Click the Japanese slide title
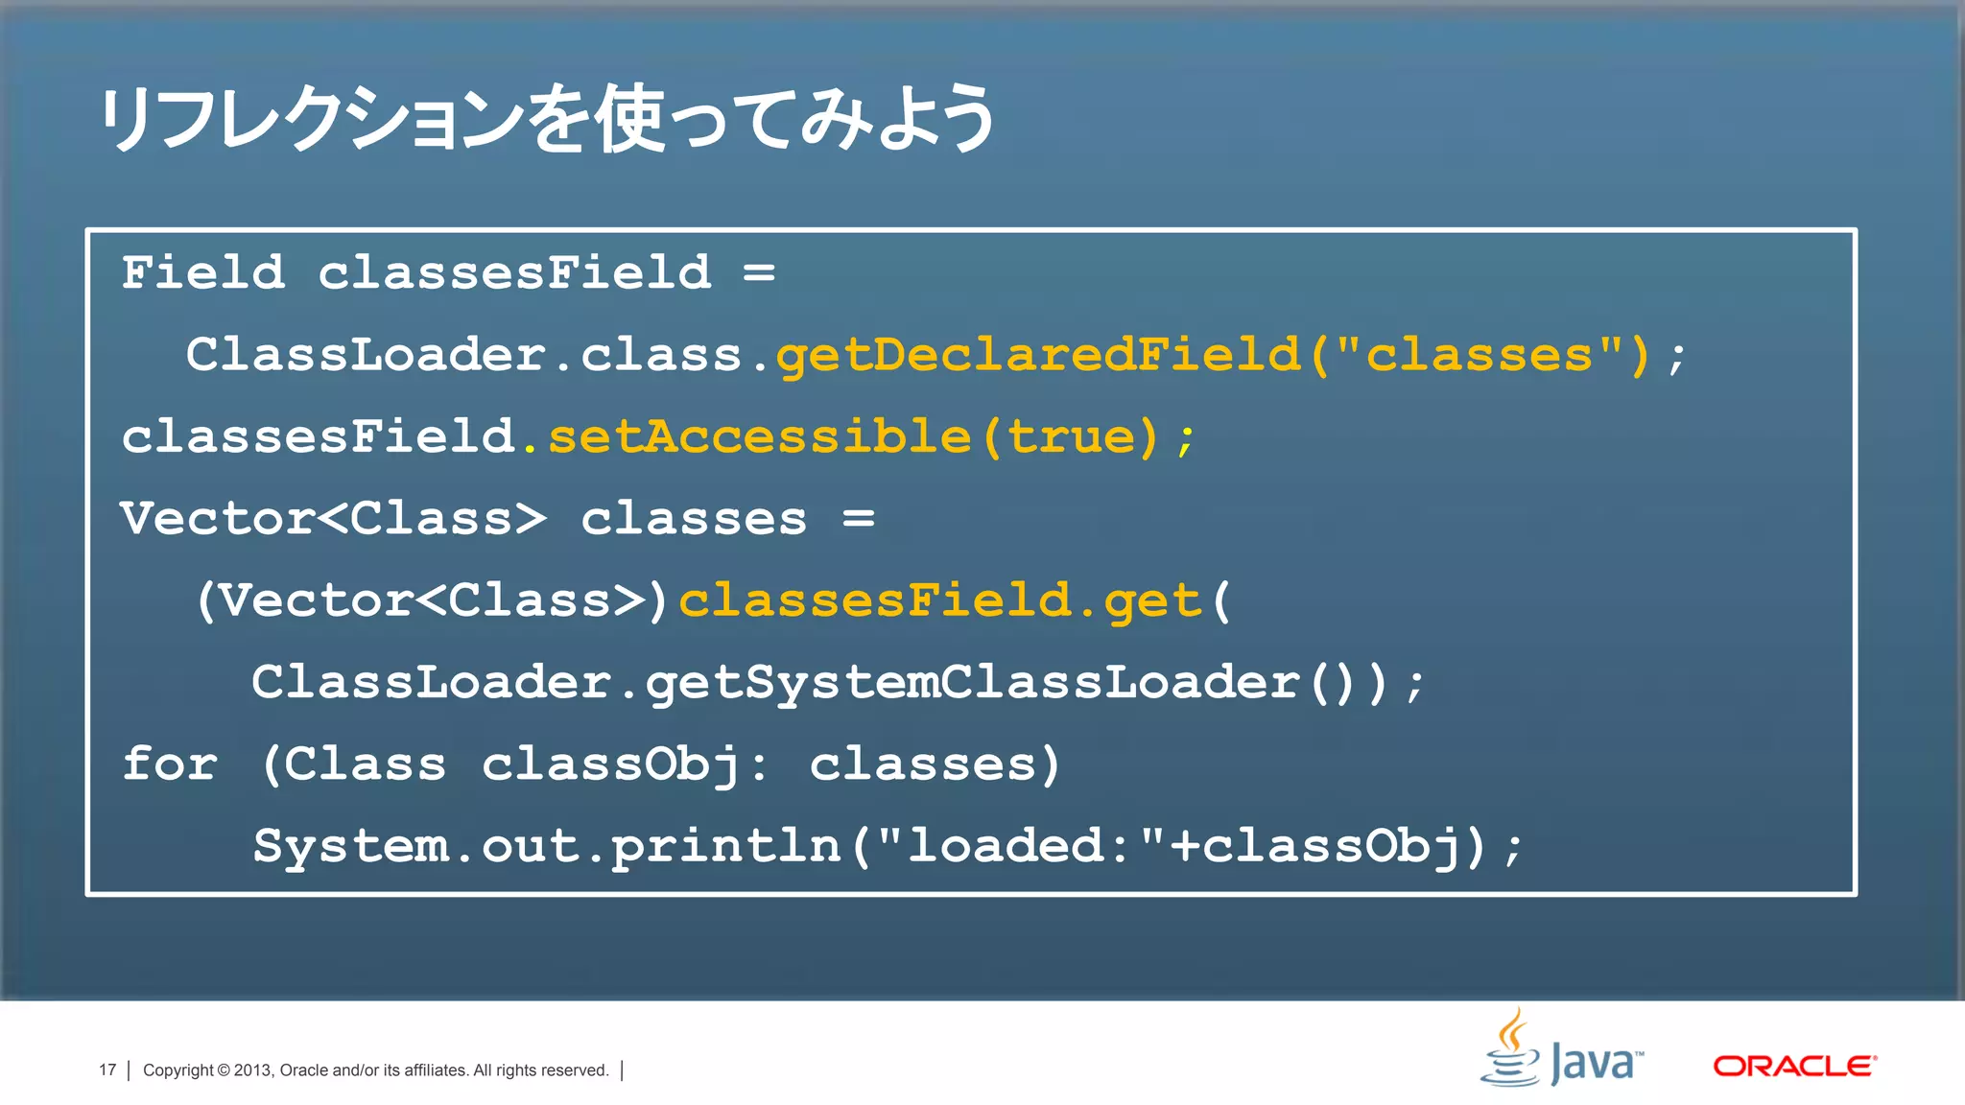click(547, 119)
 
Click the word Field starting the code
click(203, 272)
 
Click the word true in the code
click(1071, 437)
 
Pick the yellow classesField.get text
click(939, 601)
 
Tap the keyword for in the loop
click(170, 764)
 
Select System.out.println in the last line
click(547, 847)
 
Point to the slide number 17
click(107, 1070)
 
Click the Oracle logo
click(1794, 1066)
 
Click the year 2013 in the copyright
click(253, 1070)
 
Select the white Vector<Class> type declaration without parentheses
click(333, 519)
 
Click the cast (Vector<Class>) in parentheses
click(432, 601)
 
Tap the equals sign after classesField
click(759, 272)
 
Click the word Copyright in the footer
click(178, 1070)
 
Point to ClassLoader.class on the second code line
click(464, 355)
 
